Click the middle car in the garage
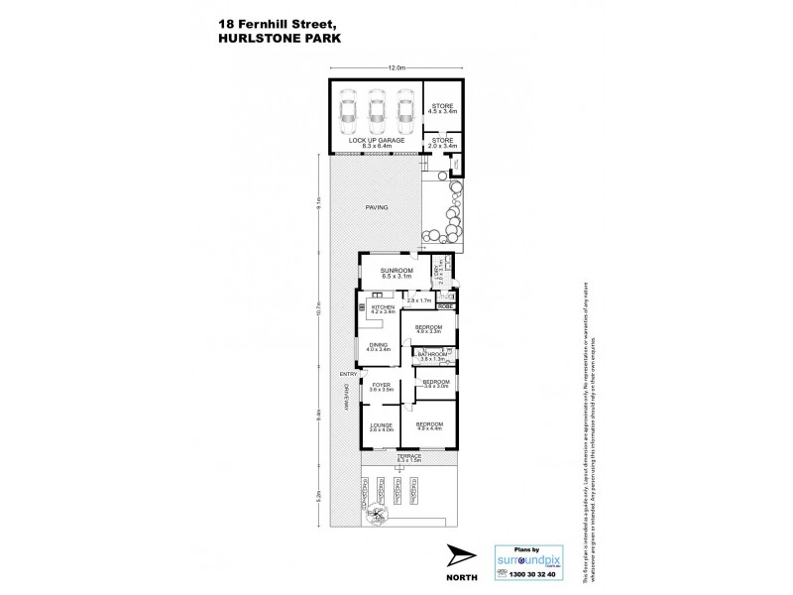(x=376, y=113)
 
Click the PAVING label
(x=376, y=207)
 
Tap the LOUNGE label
(x=382, y=427)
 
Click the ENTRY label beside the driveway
(x=346, y=373)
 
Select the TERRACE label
(x=408, y=457)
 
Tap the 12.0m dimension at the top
(x=397, y=67)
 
